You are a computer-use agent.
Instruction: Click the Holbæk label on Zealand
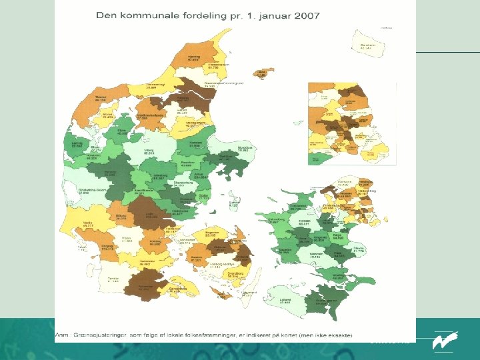click(305, 222)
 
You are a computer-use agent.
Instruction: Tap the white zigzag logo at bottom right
click(442, 341)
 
